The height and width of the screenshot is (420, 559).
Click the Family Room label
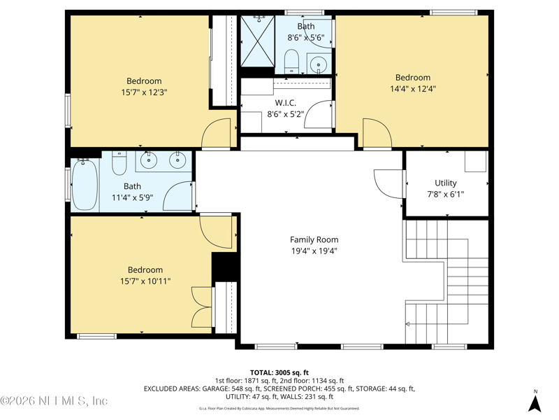(x=314, y=239)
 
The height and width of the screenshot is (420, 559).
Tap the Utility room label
(x=446, y=183)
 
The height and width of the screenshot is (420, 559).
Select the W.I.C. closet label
(x=286, y=103)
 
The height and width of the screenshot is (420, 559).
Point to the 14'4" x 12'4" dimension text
(x=413, y=89)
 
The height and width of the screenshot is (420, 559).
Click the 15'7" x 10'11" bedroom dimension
(x=145, y=281)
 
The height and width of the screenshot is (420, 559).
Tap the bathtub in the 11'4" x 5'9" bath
(x=85, y=185)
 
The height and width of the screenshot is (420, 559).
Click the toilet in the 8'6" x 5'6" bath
(x=291, y=61)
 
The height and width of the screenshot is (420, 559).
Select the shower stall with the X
(x=257, y=41)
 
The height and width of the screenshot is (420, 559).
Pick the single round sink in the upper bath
(x=319, y=64)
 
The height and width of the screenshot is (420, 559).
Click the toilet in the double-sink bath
(x=119, y=163)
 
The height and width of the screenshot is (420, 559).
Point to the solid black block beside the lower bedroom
(x=224, y=267)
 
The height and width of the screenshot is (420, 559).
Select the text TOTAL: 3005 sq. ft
(x=279, y=373)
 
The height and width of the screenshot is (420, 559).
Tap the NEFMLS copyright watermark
(x=54, y=400)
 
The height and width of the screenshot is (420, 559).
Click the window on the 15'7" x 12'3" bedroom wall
(x=68, y=111)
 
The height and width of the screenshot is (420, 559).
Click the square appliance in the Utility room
(x=476, y=162)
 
